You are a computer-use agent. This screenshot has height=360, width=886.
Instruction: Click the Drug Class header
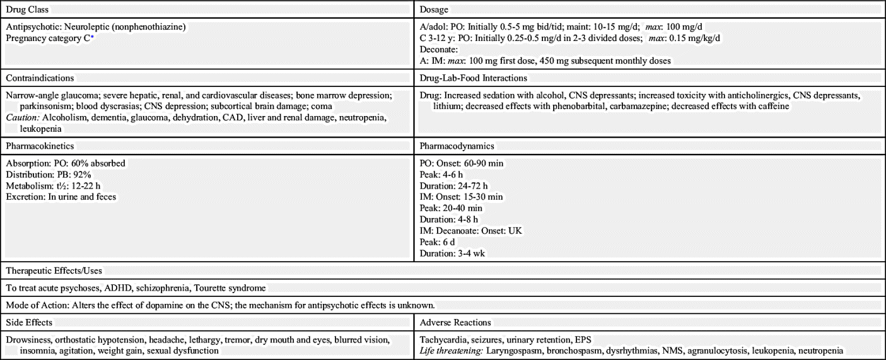point(27,10)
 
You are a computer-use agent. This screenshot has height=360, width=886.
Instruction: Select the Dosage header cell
point(434,10)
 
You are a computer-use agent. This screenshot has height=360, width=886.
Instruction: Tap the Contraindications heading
point(40,78)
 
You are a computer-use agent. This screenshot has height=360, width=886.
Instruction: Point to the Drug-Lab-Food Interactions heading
point(473,78)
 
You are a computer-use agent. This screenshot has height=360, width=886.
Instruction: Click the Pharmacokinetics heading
point(40,146)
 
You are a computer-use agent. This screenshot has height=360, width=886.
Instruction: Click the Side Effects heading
point(29,322)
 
